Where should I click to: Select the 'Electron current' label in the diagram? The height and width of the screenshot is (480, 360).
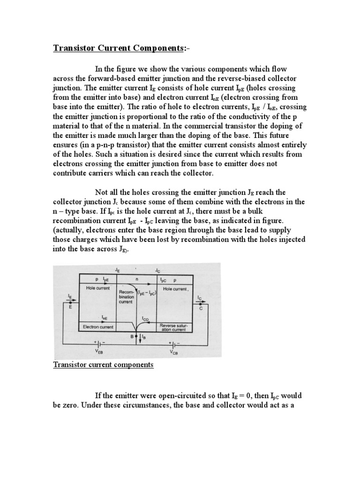pyautogui.click(x=96, y=326)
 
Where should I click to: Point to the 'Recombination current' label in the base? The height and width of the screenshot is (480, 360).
pyautogui.click(x=127, y=297)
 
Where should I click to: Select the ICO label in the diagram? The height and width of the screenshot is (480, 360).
pyautogui.click(x=146, y=319)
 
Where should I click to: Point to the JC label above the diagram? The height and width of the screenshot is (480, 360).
pyautogui.click(x=157, y=270)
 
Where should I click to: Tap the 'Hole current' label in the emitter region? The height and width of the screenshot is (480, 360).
pyautogui.click(x=97, y=288)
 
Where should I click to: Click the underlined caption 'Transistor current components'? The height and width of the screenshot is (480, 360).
pyautogui.click(x=103, y=365)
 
